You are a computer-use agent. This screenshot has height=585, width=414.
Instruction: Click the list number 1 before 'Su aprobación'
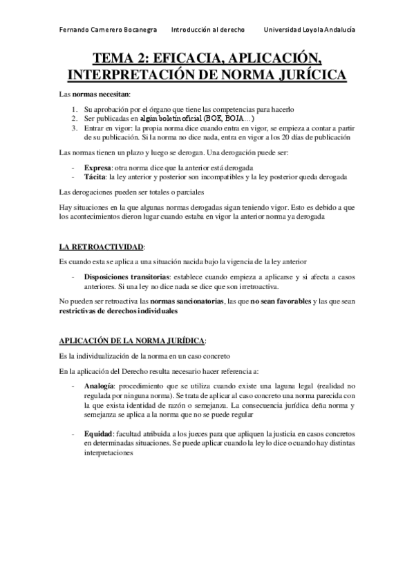coord(75,109)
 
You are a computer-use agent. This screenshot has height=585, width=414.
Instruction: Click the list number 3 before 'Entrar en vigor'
coord(75,128)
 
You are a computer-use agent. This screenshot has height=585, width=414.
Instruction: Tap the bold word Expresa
coord(97,168)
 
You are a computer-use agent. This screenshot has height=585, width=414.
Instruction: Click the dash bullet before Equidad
coord(73,433)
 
